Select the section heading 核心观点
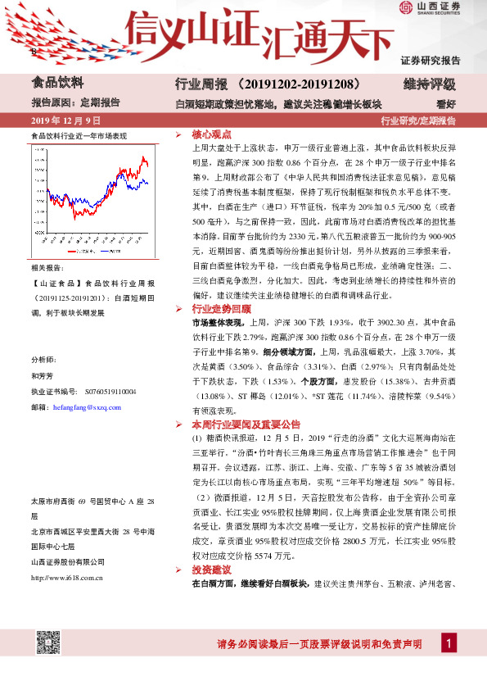coord(211,134)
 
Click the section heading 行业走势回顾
coord(221,309)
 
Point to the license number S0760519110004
coord(106,393)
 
